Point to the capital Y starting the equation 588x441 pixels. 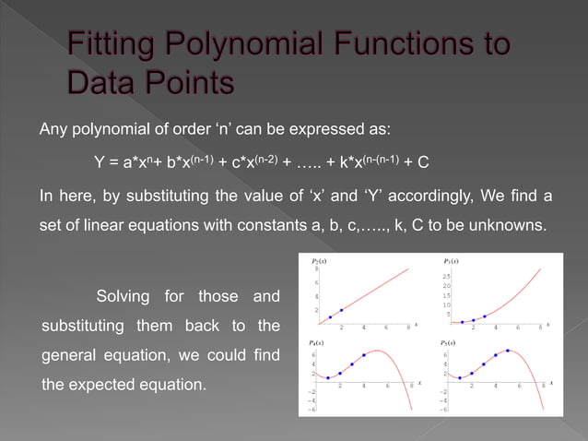tap(99, 163)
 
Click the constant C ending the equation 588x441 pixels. tap(422, 163)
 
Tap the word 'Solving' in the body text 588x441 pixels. tap(128, 297)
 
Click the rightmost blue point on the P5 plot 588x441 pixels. tap(507, 351)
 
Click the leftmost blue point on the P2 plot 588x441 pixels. tap(331, 317)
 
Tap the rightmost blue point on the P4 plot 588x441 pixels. tap(364, 355)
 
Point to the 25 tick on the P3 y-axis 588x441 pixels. tap(446, 276)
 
